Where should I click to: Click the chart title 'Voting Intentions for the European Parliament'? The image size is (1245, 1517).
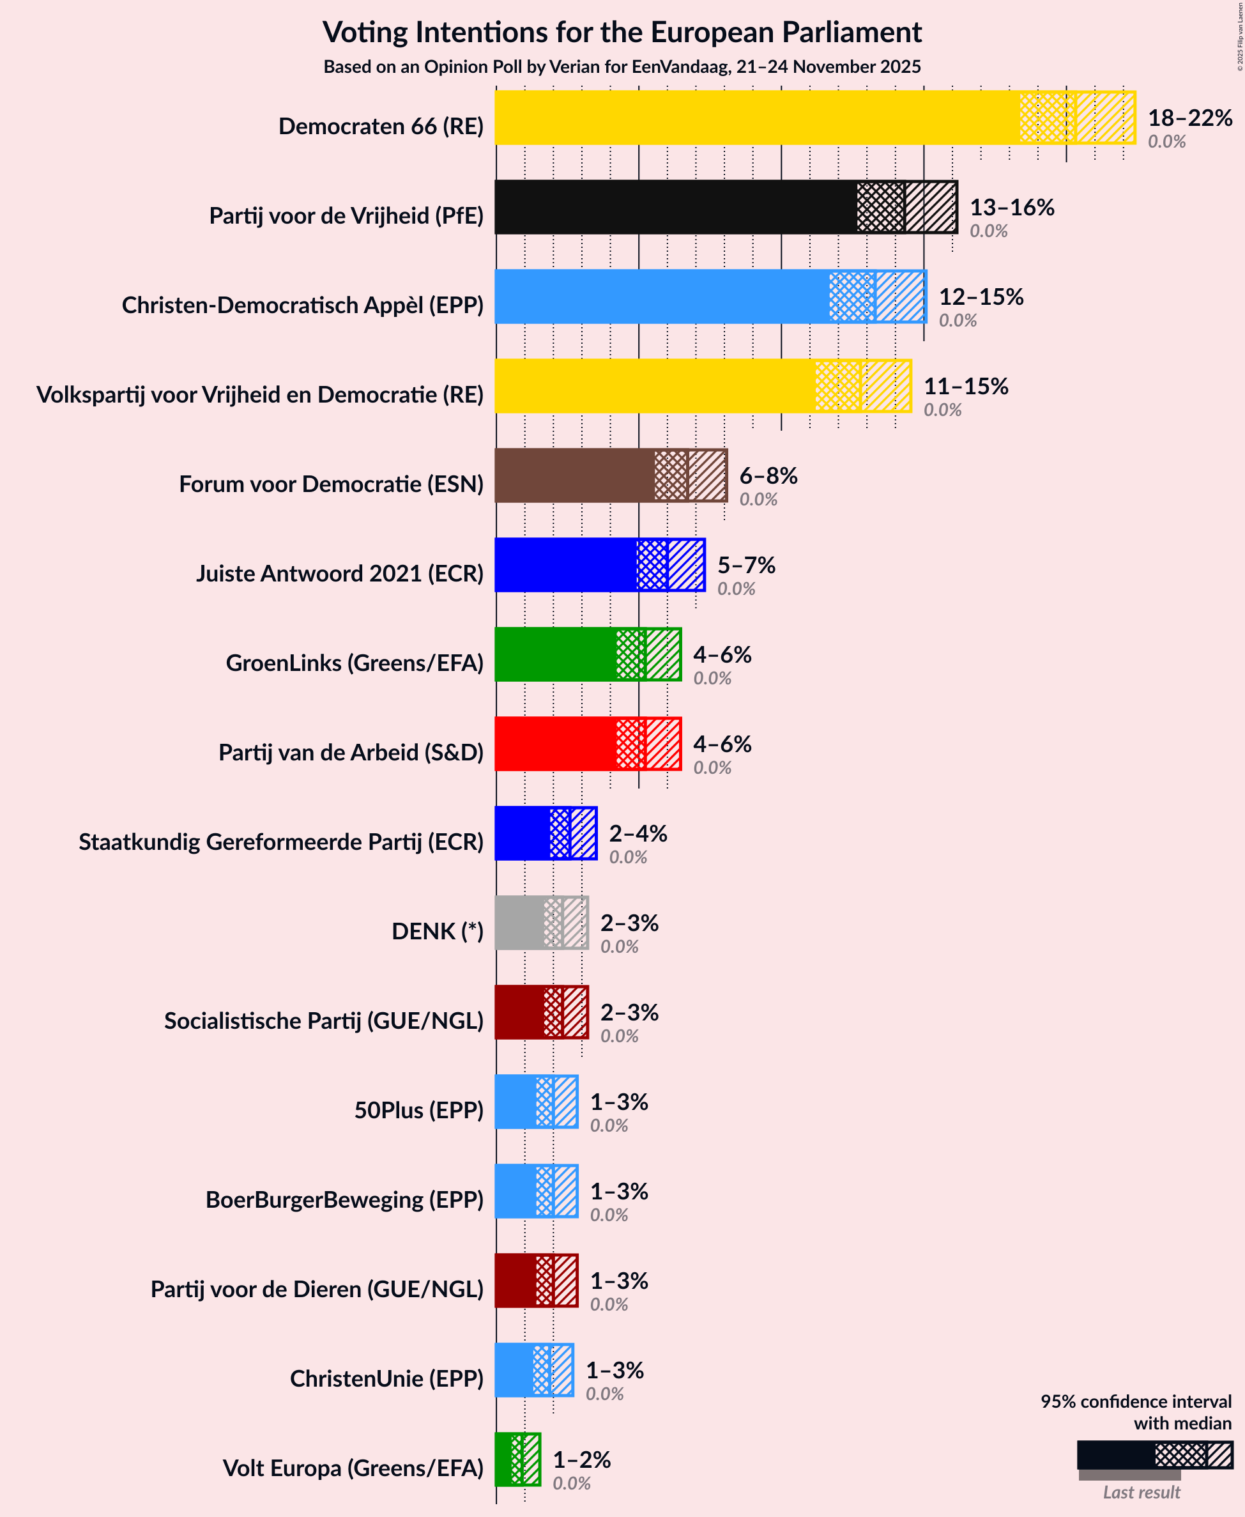[622, 33]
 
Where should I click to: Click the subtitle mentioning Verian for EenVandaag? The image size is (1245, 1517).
[622, 66]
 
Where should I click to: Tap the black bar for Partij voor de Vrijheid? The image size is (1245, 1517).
[675, 206]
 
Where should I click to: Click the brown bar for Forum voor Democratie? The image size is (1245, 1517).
[574, 475]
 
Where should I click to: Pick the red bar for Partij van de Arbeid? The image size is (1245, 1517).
[555, 744]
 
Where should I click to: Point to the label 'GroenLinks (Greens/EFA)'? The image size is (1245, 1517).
[355, 663]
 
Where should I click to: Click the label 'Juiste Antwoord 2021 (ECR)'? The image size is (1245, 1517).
[340, 573]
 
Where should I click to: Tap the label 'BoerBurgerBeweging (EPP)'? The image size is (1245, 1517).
[344, 1199]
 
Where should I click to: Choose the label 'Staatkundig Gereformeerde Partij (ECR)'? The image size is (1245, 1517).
[281, 842]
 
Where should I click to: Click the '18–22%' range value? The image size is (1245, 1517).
[1190, 117]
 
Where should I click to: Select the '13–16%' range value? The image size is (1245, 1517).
[1012, 206]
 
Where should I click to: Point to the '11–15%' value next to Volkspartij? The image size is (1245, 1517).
[965, 386]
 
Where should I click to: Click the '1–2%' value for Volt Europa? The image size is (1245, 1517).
[581, 1459]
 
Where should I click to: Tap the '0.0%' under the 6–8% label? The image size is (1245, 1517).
[758, 499]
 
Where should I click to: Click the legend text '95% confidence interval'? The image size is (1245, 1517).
[1135, 1401]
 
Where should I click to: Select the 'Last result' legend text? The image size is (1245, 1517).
[1140, 1492]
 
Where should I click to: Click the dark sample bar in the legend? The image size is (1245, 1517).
[1115, 1454]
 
